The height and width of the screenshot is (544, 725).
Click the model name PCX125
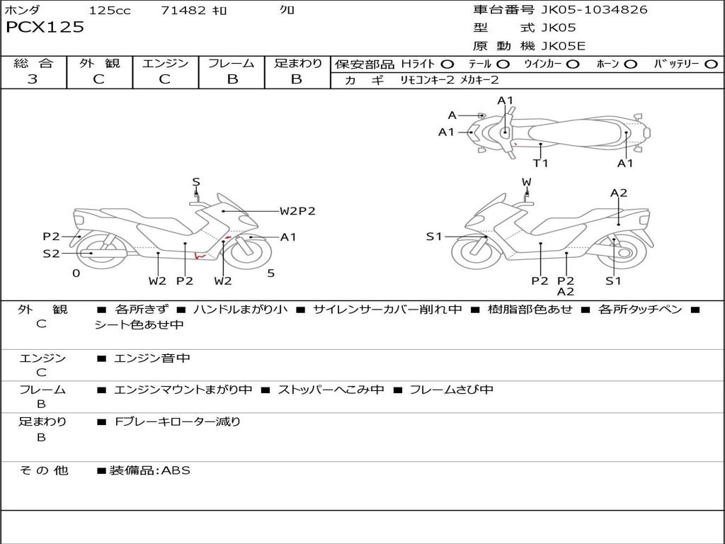point(45,27)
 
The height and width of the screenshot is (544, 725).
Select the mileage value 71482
point(183,10)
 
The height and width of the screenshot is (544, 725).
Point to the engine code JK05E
point(564,46)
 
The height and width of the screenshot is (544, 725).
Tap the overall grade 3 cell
point(33,79)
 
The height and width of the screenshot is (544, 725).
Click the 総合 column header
point(33,64)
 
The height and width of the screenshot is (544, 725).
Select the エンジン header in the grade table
point(165,64)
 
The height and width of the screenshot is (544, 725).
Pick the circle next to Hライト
point(447,64)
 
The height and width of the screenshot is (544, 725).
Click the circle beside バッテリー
point(711,64)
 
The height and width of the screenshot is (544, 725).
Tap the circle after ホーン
point(630,64)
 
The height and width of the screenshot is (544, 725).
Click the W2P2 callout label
point(297,211)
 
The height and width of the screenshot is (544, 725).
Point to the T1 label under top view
point(541,164)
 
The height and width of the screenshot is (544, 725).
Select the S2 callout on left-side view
point(51,253)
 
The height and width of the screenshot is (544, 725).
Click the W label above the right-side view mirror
point(526,182)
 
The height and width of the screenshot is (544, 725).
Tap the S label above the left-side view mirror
point(196,182)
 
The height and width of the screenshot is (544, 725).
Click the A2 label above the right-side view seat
point(619,193)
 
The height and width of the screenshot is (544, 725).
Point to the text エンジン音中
point(152,358)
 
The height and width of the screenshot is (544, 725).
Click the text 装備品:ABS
point(149,470)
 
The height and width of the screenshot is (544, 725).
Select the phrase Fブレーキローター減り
point(178,421)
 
